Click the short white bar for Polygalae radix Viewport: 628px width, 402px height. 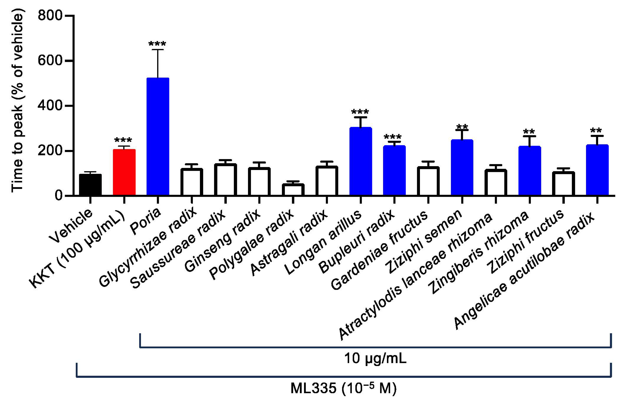point(293,190)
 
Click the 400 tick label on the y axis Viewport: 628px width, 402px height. point(50,106)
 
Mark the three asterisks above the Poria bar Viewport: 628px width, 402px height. point(157,44)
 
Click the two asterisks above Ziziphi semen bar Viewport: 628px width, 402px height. point(462,127)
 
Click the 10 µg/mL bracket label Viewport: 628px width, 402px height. point(375,358)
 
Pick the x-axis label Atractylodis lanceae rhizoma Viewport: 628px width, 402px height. point(415,277)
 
